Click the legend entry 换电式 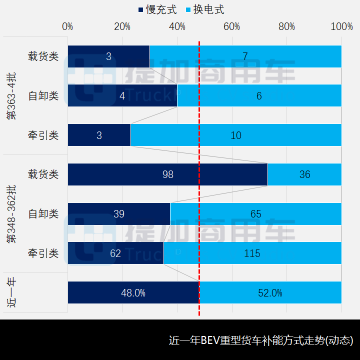[205, 9]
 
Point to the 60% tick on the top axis [232, 26]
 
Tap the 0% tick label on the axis [67, 26]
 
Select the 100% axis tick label [342, 26]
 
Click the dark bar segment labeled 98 [167, 174]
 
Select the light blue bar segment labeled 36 [304, 174]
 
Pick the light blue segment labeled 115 [252, 253]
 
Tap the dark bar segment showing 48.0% [133, 293]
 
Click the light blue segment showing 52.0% [270, 293]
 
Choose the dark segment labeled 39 [119, 214]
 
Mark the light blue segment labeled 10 [236, 135]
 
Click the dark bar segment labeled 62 [115, 253]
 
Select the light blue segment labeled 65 [256, 214]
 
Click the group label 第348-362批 [10, 214]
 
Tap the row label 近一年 [10, 293]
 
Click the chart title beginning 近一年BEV [261, 341]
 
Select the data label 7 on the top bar [245, 56]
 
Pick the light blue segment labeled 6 [259, 95]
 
